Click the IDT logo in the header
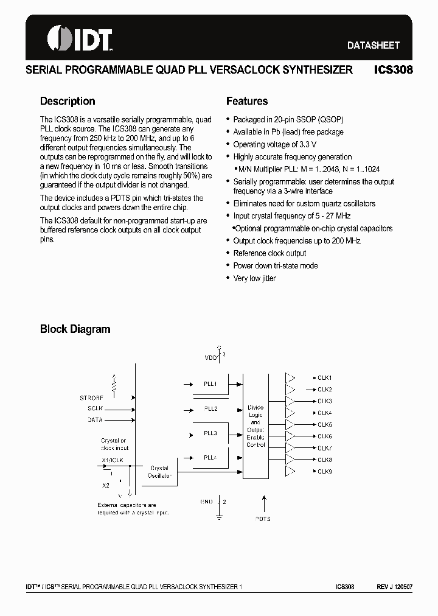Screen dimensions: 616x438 (80, 40)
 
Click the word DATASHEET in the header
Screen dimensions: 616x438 (373, 45)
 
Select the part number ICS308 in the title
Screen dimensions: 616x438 (394, 70)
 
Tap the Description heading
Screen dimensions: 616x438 (68, 101)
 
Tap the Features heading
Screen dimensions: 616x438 (247, 101)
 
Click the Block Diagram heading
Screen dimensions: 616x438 (75, 329)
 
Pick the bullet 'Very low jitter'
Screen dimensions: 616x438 (254, 278)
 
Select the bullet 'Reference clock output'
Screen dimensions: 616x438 (269, 253)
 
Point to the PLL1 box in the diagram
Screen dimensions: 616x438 (210, 384)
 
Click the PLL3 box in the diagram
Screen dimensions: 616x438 (210, 433)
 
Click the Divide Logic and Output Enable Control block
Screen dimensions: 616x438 (255, 425)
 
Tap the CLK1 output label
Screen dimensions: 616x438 (324, 378)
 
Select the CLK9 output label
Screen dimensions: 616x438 (324, 472)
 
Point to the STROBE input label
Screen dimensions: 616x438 (91, 397)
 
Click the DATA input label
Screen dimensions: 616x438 (95, 420)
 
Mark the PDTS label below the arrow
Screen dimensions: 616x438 (263, 519)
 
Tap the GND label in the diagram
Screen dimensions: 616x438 (206, 502)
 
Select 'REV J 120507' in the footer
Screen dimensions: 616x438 (394, 587)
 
